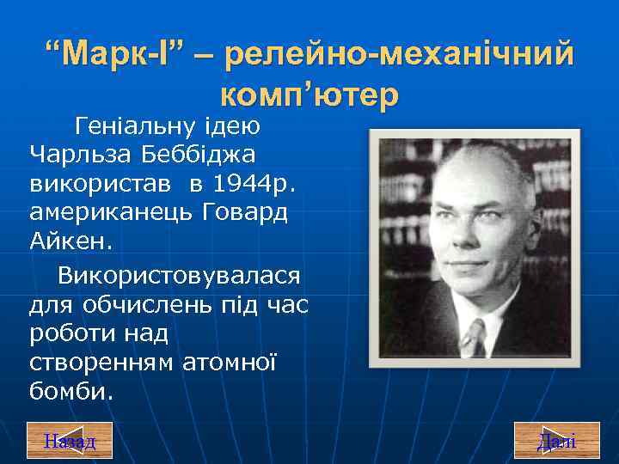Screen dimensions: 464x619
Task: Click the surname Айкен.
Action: pos(70,241)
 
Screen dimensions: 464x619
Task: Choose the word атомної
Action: pos(230,363)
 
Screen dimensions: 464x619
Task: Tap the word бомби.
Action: pos(70,392)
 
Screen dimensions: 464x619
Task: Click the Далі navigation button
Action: pos(556,440)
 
